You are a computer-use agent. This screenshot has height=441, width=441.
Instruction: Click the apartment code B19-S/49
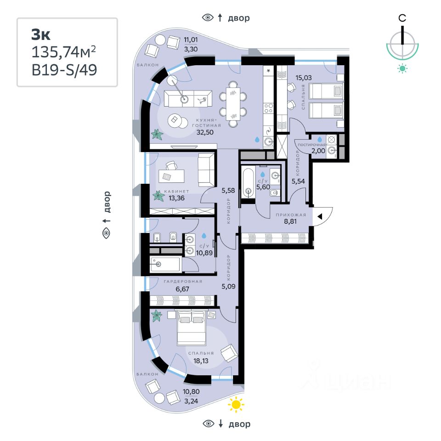pos(64,70)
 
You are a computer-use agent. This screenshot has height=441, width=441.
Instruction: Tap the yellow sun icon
pos(236,405)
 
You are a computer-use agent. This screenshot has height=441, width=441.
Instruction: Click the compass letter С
pos(402,18)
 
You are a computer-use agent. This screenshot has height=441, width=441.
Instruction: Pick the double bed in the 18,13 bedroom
pos(192,327)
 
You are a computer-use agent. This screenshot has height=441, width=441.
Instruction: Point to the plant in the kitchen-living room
pos(158,134)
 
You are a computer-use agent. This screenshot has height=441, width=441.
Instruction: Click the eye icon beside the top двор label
pos(208,18)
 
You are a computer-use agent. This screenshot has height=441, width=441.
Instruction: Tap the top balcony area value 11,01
pos(190,40)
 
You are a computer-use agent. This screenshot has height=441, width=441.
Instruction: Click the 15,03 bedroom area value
pos(304,78)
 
